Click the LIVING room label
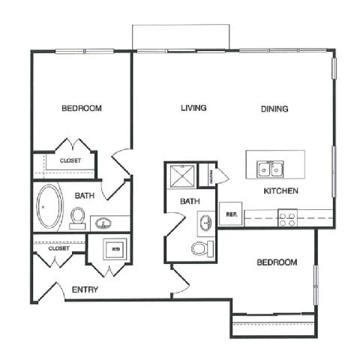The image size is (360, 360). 193,108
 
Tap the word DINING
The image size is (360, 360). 274,109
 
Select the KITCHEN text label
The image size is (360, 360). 281,191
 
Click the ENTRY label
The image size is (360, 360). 85,289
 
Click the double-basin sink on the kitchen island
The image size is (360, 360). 269,169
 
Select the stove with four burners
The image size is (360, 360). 287,217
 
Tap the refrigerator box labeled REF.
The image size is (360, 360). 231,214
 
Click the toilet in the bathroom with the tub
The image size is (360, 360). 77,217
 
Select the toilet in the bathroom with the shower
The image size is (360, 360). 200,249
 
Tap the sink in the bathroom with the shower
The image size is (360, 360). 206,223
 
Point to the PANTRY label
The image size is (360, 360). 213,175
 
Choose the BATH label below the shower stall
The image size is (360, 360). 190,201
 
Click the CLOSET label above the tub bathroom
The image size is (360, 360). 70,160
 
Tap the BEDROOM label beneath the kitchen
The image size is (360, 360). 277,262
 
